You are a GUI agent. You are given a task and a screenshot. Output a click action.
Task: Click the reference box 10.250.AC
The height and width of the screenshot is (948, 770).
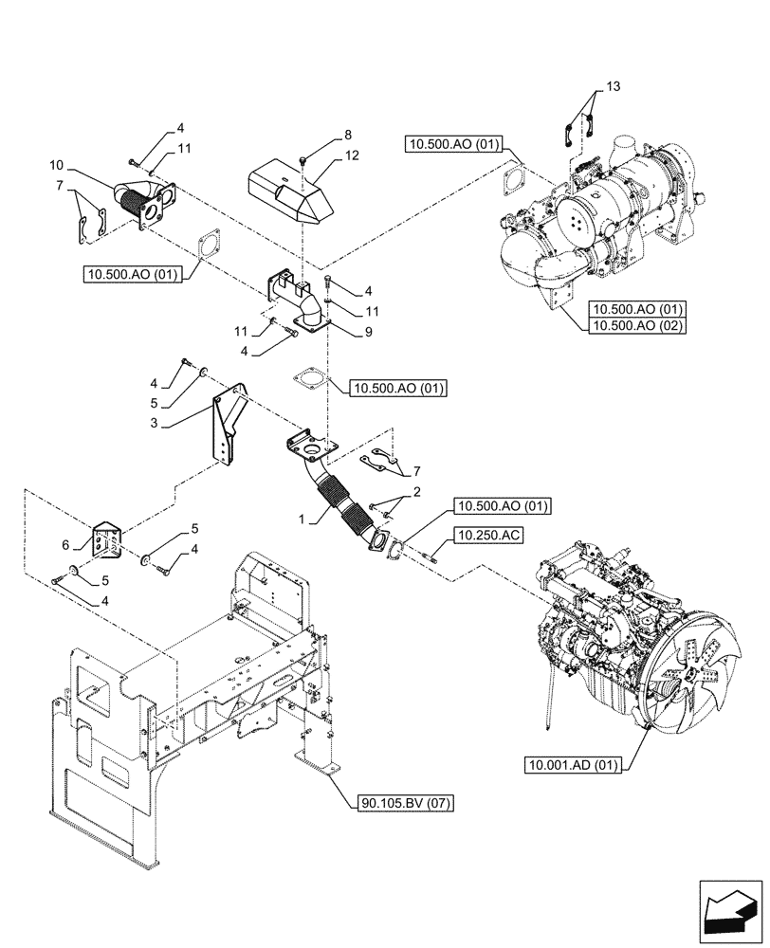[488, 536]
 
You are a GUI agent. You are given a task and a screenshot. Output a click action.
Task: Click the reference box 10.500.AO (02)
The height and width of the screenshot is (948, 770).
[637, 325]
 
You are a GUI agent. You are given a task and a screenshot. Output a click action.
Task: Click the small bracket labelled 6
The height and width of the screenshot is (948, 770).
[106, 541]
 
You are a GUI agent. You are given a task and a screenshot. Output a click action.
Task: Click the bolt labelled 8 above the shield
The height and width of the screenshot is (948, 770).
[301, 159]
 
